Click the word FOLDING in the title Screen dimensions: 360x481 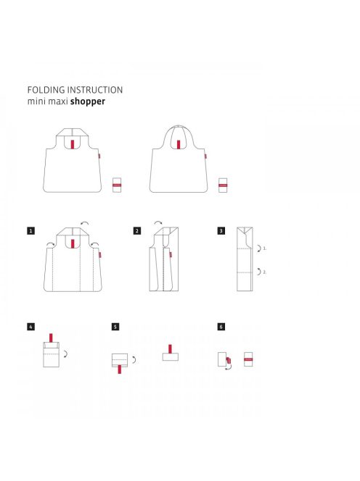click(x=46, y=90)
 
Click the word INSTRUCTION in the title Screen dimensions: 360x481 click(x=95, y=90)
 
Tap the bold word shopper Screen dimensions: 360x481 click(x=88, y=101)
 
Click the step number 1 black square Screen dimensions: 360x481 click(x=30, y=230)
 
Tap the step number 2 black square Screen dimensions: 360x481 click(x=137, y=230)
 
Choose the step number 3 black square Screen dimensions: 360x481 click(x=221, y=230)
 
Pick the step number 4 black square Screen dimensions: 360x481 click(x=30, y=327)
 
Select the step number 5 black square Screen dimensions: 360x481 click(x=115, y=327)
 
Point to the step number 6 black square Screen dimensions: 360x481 click(x=221, y=327)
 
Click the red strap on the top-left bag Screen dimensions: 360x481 click(x=73, y=144)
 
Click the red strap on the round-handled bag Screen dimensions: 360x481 click(x=179, y=144)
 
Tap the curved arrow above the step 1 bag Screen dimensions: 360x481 click(x=84, y=222)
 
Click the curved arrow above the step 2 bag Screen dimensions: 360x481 click(x=158, y=222)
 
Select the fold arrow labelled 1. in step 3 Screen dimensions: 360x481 click(x=260, y=248)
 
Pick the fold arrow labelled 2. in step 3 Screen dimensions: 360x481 click(x=260, y=272)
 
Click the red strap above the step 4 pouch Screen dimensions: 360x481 click(x=51, y=338)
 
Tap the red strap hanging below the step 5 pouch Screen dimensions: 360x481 click(x=120, y=369)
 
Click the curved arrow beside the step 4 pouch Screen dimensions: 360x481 click(x=66, y=354)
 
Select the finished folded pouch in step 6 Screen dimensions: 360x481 click(x=248, y=359)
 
